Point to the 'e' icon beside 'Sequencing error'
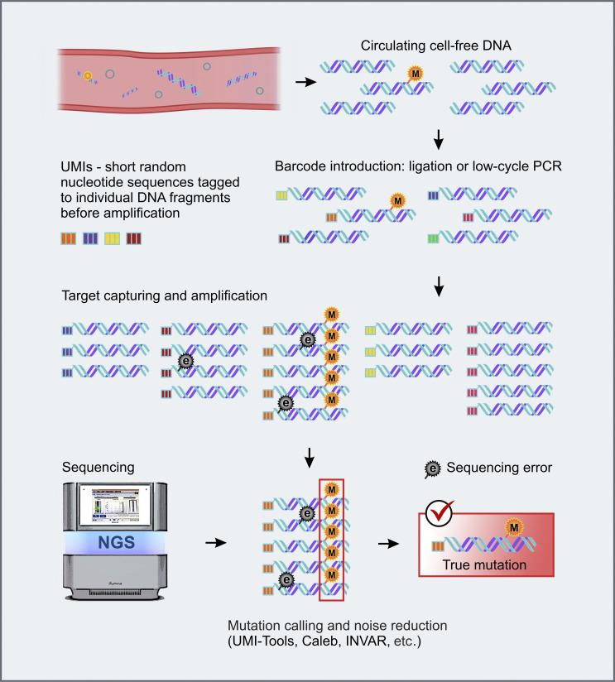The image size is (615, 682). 432,468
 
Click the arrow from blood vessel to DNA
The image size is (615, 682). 305,83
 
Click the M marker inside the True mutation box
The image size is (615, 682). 514,527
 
